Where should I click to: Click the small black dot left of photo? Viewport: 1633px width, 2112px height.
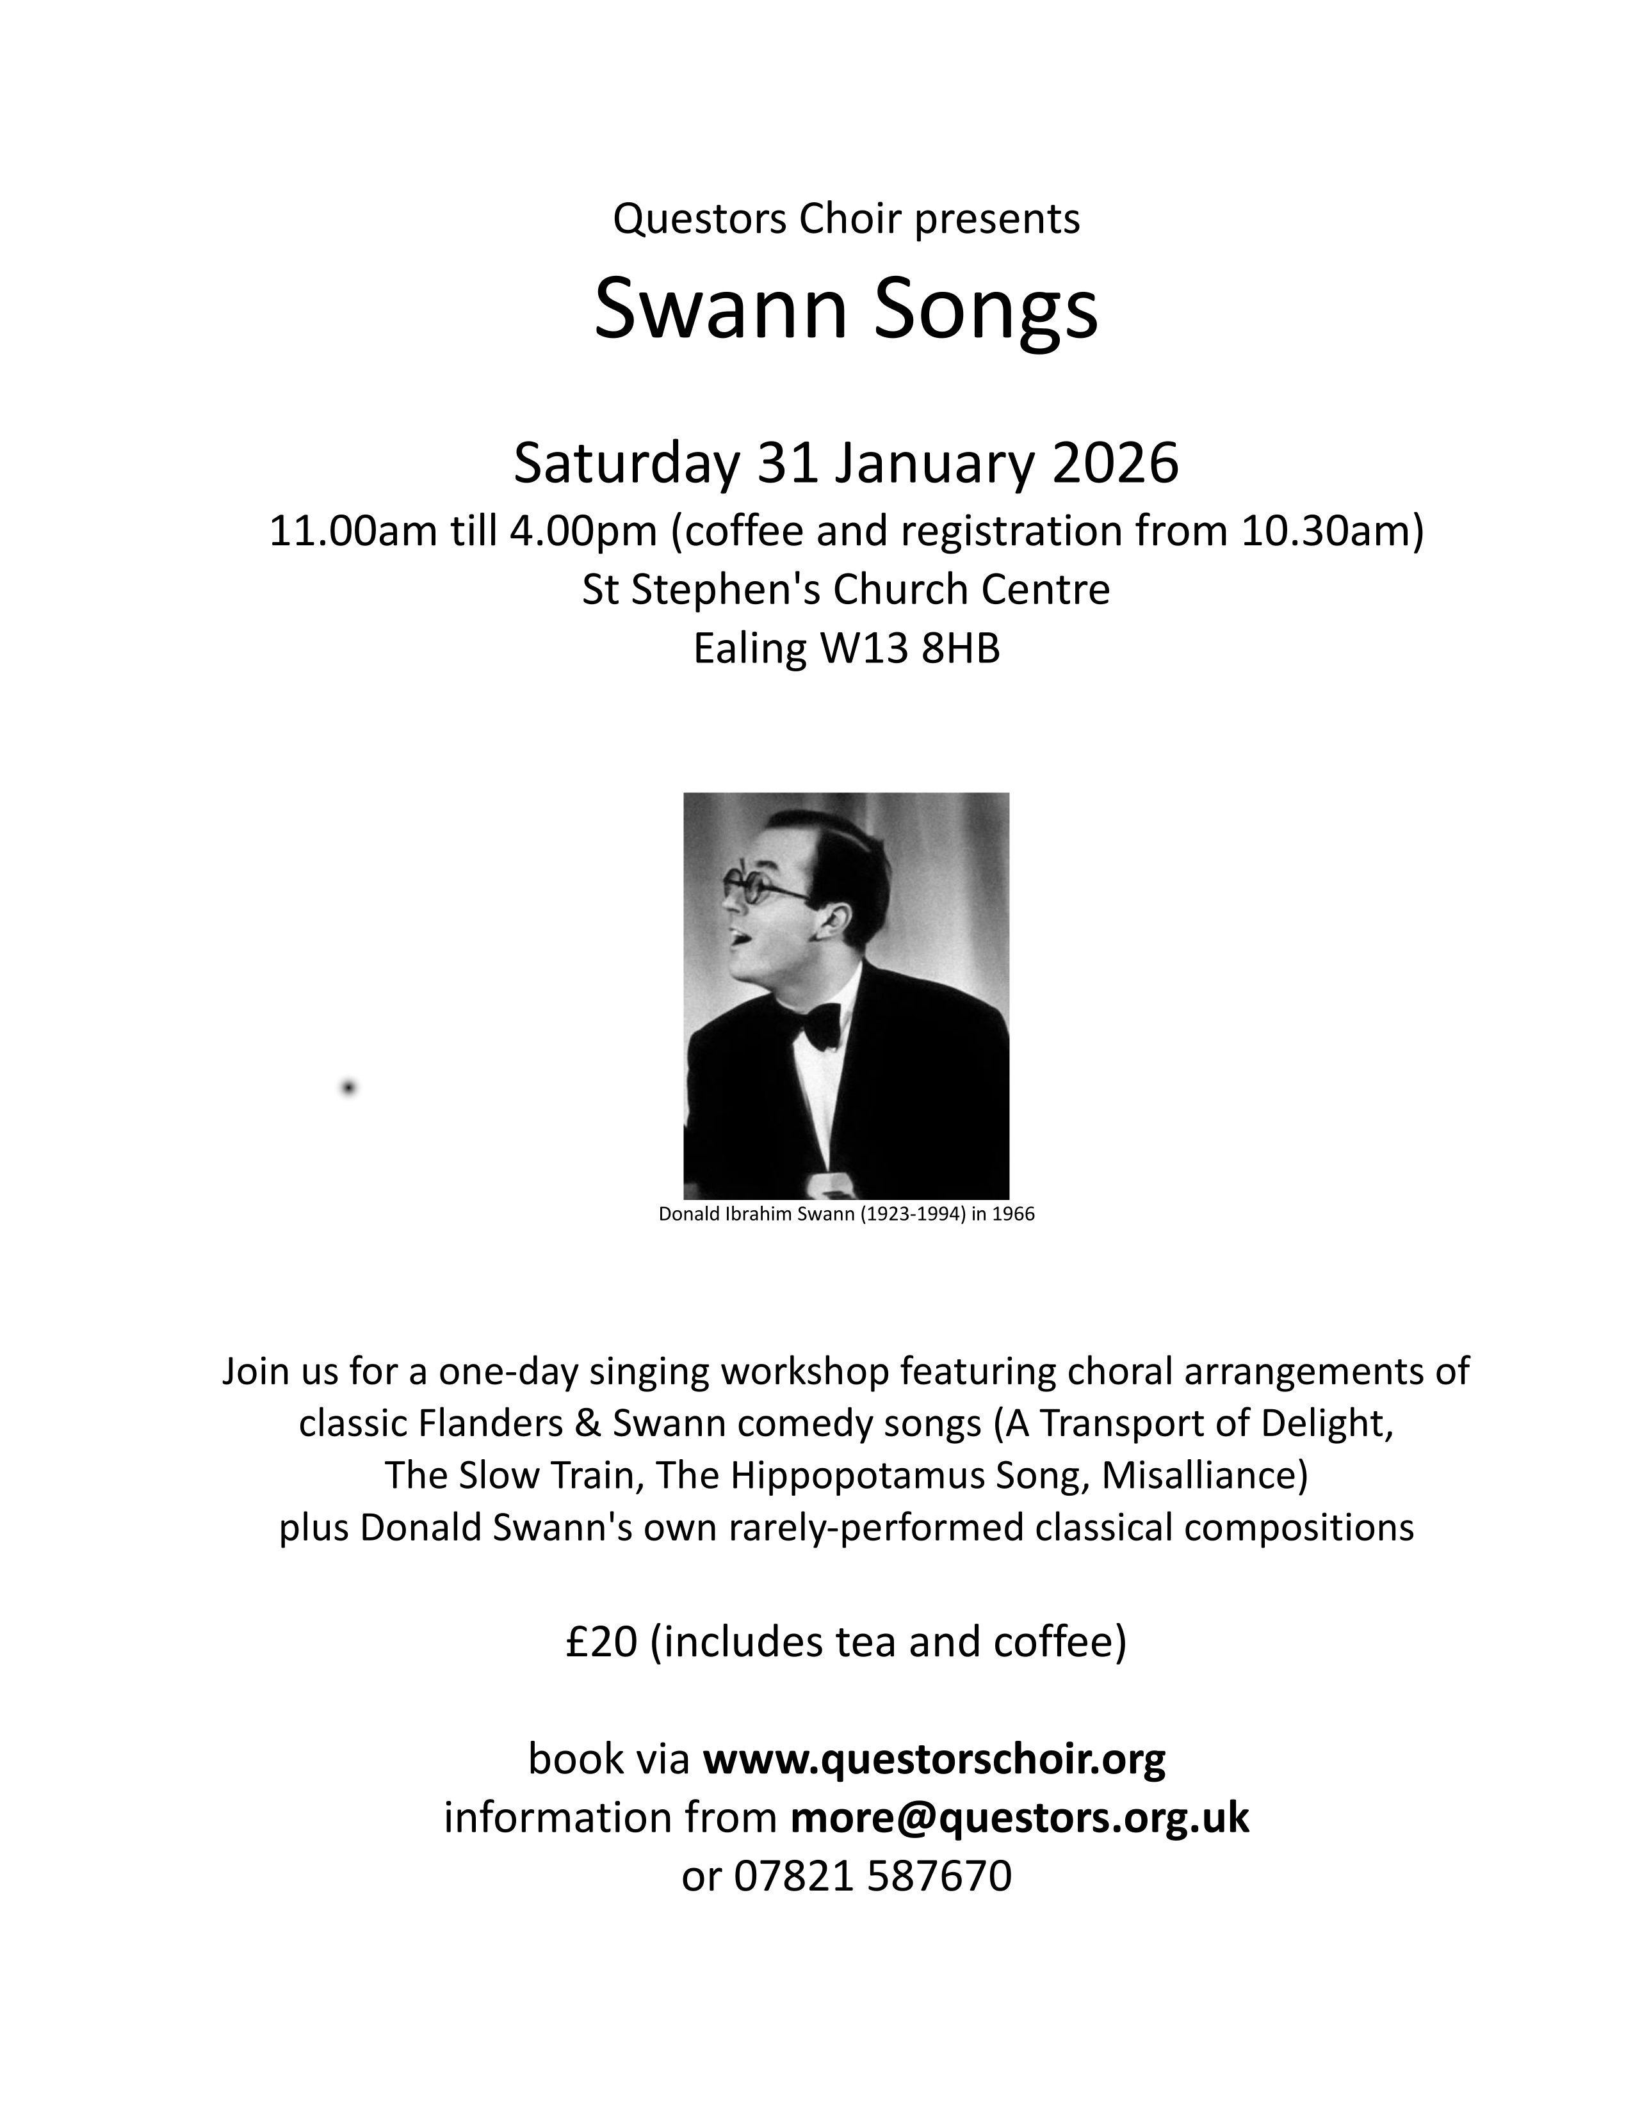click(348, 1088)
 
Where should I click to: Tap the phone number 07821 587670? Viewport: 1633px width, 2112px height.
click(873, 1876)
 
